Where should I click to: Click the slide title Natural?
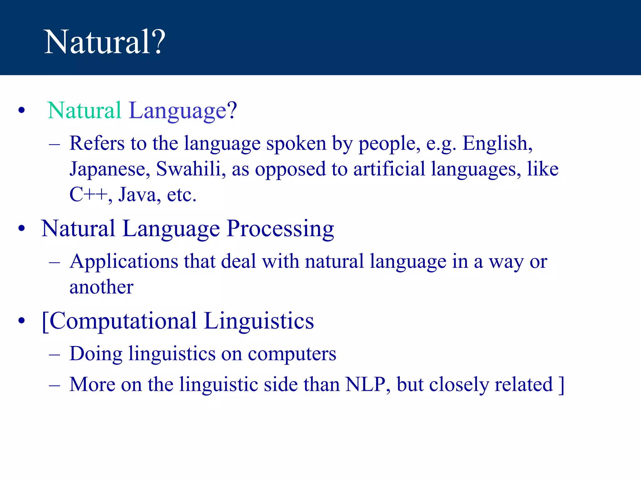(105, 42)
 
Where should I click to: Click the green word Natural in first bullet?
(84, 111)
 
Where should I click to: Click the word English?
(497, 143)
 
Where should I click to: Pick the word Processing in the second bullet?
(280, 229)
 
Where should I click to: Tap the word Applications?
(124, 262)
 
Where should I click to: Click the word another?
(101, 287)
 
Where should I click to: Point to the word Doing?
(96, 354)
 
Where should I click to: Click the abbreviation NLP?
(365, 384)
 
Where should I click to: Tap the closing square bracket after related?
(561, 385)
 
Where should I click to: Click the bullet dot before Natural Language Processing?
(21, 229)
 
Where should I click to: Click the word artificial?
(389, 169)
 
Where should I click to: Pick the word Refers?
(97, 143)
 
